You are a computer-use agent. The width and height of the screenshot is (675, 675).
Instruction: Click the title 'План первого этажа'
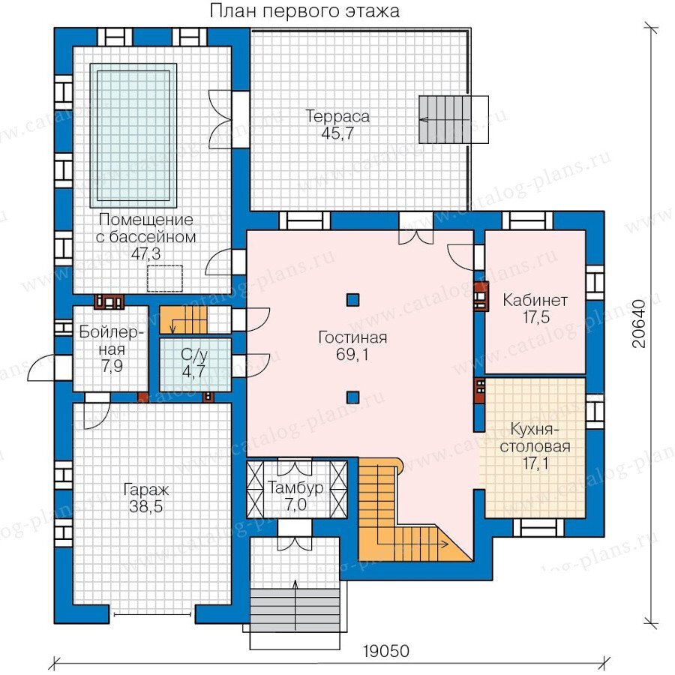pyautogui.click(x=304, y=11)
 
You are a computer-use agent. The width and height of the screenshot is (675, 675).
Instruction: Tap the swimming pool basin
pyautogui.click(x=133, y=136)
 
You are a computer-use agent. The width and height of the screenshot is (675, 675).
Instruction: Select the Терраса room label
pyautogui.click(x=337, y=116)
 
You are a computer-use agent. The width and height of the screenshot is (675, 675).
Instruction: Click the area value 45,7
pyautogui.click(x=337, y=133)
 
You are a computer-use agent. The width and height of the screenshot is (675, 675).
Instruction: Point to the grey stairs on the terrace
pyautogui.click(x=442, y=119)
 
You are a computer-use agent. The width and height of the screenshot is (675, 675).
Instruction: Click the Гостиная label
pyautogui.click(x=352, y=337)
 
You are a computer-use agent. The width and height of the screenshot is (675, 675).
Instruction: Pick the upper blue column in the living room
pyautogui.click(x=352, y=299)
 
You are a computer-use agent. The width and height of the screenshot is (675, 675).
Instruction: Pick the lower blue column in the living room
pyautogui.click(x=352, y=397)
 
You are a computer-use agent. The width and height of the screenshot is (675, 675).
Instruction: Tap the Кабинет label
pyautogui.click(x=535, y=300)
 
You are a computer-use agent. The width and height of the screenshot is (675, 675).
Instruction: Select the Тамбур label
pyautogui.click(x=295, y=487)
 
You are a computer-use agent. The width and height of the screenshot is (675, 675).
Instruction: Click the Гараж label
pyautogui.click(x=146, y=490)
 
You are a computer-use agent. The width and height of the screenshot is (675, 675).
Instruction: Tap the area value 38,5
pyautogui.click(x=146, y=507)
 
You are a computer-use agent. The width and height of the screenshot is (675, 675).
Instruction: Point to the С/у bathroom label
pyautogui.click(x=194, y=355)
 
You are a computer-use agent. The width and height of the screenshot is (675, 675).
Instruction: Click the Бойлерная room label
pyautogui.click(x=112, y=340)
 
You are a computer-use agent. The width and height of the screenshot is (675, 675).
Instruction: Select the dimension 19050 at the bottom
pyautogui.click(x=385, y=651)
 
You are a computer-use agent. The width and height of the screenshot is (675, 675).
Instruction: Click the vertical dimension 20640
pyautogui.click(x=640, y=323)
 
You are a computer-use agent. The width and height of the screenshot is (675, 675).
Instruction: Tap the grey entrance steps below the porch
pyautogui.click(x=295, y=610)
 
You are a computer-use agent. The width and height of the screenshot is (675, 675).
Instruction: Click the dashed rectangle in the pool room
pyautogui.click(x=165, y=278)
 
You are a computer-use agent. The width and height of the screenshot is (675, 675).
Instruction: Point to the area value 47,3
pyautogui.click(x=146, y=254)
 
